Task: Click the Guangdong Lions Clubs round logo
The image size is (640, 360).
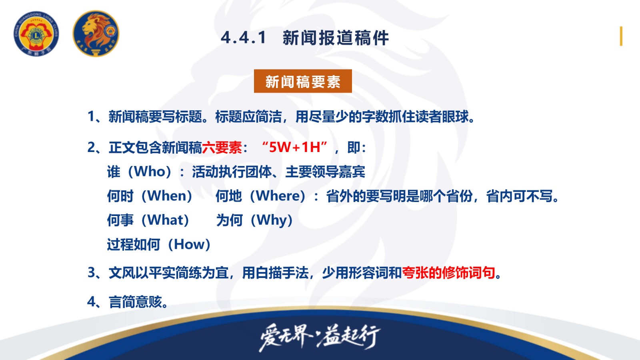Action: click(36, 34)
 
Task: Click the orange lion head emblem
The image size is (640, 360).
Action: click(96, 34)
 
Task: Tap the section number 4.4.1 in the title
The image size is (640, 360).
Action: click(244, 38)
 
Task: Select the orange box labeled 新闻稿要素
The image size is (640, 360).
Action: click(303, 81)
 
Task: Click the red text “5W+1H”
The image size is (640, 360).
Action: click(294, 148)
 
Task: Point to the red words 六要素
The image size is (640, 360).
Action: click(222, 148)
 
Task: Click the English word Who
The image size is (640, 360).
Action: click(150, 172)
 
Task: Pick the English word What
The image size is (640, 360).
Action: click(165, 220)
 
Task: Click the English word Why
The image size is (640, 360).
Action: click(272, 220)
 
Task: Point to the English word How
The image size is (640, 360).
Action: click(190, 244)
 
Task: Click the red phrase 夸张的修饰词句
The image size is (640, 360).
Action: click(448, 273)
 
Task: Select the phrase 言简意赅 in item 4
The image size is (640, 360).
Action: click(135, 302)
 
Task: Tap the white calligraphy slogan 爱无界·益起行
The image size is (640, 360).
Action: click(320, 338)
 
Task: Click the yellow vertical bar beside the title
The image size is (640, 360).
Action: click(621, 36)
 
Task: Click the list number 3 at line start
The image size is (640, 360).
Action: click(91, 273)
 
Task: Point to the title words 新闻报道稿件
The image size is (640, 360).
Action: click(336, 38)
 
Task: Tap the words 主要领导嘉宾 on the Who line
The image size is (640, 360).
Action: click(325, 172)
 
